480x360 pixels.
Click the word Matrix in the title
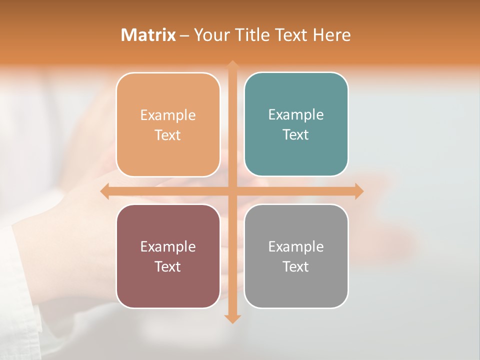[148, 35]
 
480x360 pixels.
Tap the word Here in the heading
[332, 35]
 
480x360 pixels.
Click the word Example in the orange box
[168, 115]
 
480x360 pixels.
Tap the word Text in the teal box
[296, 135]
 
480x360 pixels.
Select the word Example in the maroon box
[168, 247]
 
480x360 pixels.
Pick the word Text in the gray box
[296, 267]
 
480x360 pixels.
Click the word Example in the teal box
[296, 115]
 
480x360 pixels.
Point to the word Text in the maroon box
[168, 267]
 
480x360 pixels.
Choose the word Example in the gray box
[296, 247]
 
